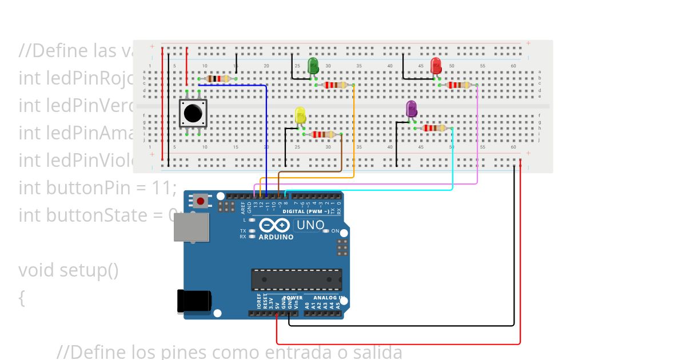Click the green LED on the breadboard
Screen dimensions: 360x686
(x=313, y=66)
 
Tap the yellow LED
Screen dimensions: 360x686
(x=301, y=115)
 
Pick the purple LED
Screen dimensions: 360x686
(x=411, y=109)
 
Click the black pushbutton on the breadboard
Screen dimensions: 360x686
(x=193, y=113)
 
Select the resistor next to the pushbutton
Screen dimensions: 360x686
(x=217, y=79)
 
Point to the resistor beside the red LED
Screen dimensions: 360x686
(x=458, y=85)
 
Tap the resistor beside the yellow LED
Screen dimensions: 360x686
(x=323, y=134)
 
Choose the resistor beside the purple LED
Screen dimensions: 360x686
(x=434, y=128)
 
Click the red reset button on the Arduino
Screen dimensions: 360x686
(x=200, y=201)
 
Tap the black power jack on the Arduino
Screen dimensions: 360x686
(x=194, y=301)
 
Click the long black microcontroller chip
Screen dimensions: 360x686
(x=296, y=279)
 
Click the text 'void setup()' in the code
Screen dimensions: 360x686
(x=69, y=270)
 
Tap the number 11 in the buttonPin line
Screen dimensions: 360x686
(x=161, y=187)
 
